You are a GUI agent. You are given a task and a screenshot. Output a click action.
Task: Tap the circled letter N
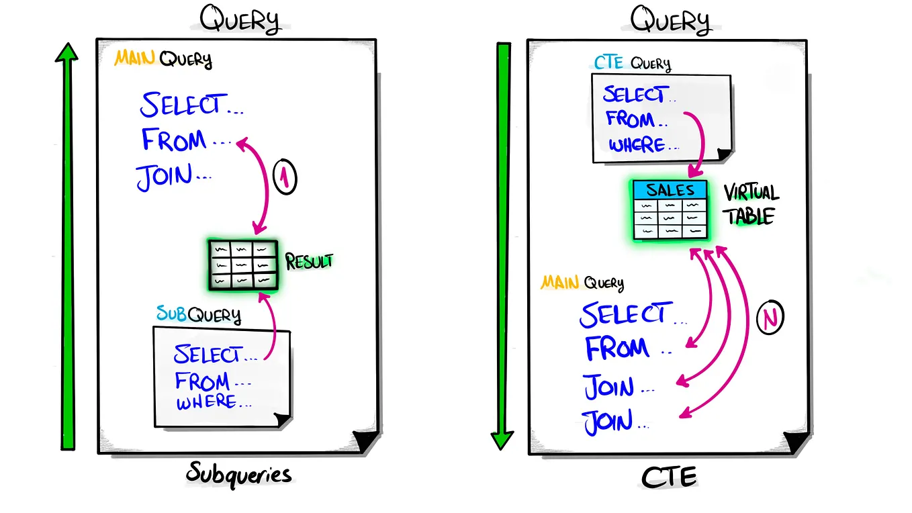[770, 318]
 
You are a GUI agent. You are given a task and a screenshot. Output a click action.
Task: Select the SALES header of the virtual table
[670, 190]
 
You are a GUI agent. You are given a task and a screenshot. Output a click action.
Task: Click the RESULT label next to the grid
[309, 261]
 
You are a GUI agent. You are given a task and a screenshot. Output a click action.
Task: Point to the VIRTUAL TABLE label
[750, 205]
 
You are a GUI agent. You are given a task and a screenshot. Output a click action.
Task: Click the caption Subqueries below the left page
[239, 475]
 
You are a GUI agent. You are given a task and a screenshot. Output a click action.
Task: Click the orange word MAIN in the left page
[135, 58]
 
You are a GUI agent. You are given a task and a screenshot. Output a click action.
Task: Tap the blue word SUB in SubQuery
[171, 313]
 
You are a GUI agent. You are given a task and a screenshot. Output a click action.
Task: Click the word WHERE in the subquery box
[206, 403]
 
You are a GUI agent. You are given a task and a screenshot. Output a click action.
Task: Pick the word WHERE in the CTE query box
[637, 144]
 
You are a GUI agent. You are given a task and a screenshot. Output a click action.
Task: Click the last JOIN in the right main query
[608, 422]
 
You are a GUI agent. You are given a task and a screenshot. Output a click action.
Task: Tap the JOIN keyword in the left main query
[165, 177]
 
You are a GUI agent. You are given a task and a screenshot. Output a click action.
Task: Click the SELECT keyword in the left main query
[180, 105]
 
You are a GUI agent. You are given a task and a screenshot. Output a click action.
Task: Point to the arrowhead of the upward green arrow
[66, 53]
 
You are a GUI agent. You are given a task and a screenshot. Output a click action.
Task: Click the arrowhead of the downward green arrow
[502, 440]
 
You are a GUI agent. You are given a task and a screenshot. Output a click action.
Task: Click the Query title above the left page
[239, 21]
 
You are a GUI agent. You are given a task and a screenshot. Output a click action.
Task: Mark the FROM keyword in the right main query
[617, 348]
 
